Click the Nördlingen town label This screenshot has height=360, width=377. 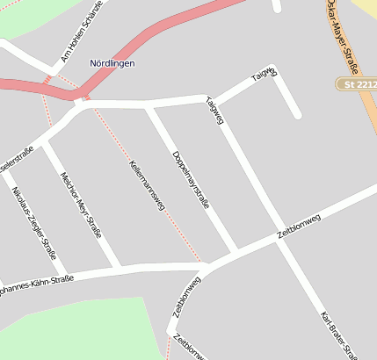pyautogui.click(x=112, y=63)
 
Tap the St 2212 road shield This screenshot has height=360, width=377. pyautogui.click(x=355, y=83)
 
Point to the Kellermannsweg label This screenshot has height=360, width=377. pyautogui.click(x=146, y=184)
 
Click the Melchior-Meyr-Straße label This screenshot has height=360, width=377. pyautogui.click(x=80, y=204)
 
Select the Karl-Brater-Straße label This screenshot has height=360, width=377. pyautogui.click(x=338, y=334)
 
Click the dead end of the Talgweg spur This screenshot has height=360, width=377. pyautogui.click(x=297, y=114)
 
